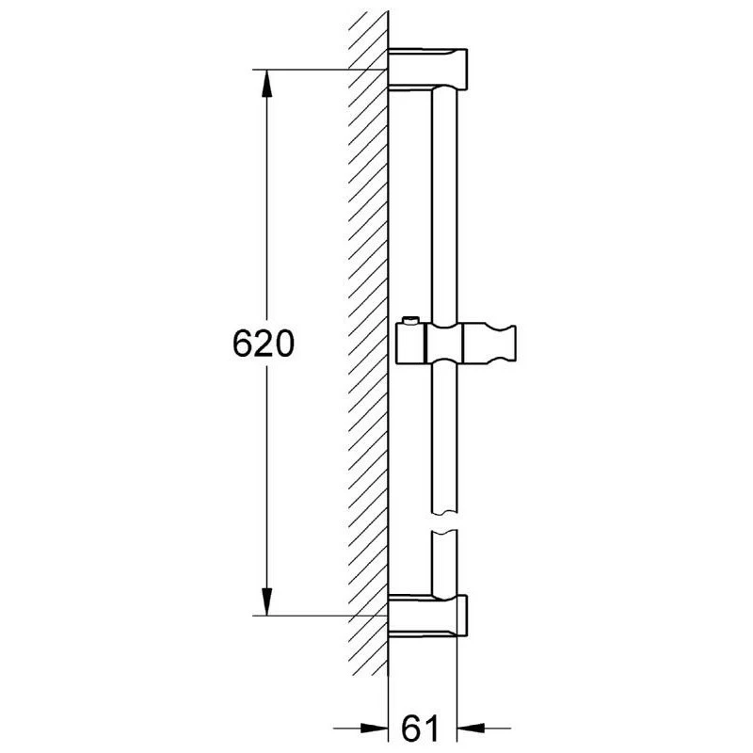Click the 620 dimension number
(263, 344)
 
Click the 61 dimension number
(420, 728)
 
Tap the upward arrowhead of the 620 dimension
(266, 84)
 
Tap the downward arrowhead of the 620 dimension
(266, 601)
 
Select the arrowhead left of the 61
(374, 728)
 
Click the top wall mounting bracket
(427, 69)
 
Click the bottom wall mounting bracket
(427, 617)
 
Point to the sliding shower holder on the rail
(456, 343)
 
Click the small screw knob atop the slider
(410, 320)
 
